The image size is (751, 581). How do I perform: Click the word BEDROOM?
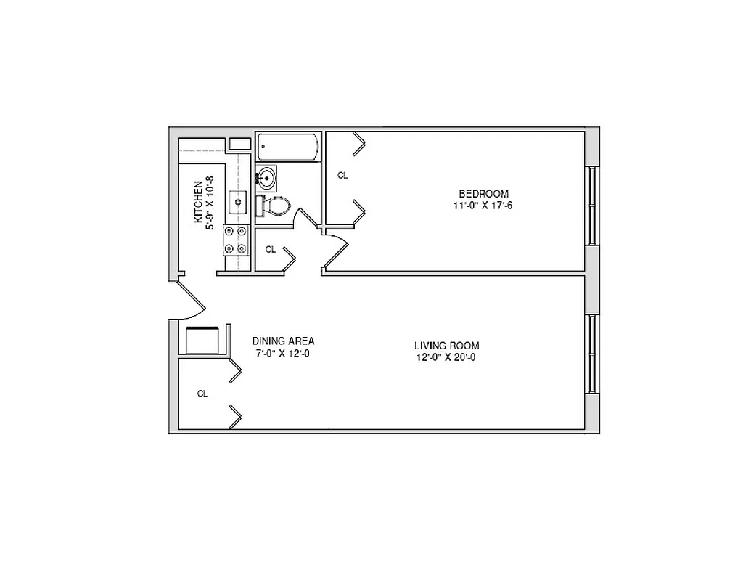[x=483, y=193]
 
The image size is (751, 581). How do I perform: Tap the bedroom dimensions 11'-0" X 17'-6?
[x=483, y=206]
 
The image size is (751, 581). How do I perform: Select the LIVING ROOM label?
[x=446, y=346]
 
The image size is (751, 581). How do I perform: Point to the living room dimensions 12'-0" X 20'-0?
[x=446, y=357]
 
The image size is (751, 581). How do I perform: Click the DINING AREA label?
[x=283, y=341]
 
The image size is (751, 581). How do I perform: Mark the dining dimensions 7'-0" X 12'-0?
[x=283, y=354]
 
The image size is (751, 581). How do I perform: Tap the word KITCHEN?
[x=197, y=202]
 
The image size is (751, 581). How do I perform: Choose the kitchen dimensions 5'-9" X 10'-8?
[x=210, y=203]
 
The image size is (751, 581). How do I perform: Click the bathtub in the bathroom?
[x=288, y=147]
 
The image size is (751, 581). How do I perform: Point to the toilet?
[x=276, y=206]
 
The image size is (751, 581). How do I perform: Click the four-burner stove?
[x=237, y=240]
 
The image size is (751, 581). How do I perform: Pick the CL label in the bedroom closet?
[x=342, y=175]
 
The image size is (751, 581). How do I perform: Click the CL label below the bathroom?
[x=271, y=249]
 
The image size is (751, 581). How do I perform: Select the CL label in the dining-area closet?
[x=202, y=394]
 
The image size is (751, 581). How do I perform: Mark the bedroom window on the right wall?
[x=592, y=206]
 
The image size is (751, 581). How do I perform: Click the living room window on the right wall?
[x=592, y=353]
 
